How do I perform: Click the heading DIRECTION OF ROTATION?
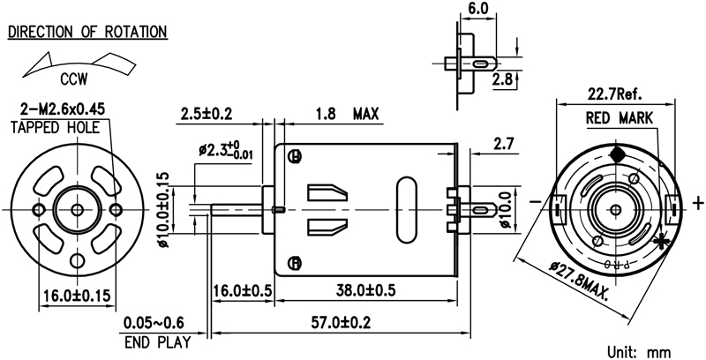pyautogui.click(x=87, y=32)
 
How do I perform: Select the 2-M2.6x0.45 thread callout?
pyautogui.click(x=63, y=109)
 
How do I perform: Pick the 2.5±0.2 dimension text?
pyautogui.click(x=206, y=114)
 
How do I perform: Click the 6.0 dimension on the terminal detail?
pyautogui.click(x=478, y=8)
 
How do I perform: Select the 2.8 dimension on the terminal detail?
pyautogui.click(x=503, y=79)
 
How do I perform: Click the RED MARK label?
pyautogui.click(x=619, y=117)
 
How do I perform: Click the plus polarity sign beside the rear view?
pyautogui.click(x=698, y=204)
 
